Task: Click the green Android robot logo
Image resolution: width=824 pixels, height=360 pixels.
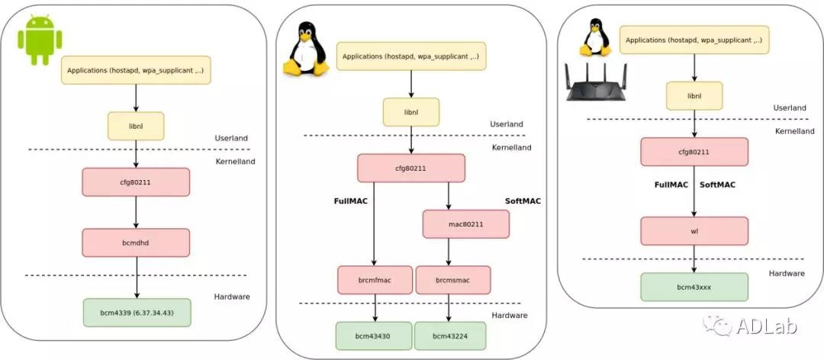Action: click(40, 40)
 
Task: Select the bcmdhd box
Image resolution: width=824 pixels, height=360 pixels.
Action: click(135, 242)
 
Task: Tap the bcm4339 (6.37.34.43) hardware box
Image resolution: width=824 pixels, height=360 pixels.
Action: click(136, 313)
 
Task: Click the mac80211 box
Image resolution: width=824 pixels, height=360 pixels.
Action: click(465, 223)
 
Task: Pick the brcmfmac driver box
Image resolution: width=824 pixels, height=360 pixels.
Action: click(375, 280)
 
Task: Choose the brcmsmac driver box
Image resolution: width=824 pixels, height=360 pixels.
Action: click(452, 280)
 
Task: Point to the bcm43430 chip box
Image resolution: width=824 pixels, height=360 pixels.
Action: click(374, 336)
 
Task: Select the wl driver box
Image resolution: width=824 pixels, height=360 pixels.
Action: click(694, 230)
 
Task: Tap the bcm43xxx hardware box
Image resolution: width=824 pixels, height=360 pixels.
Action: click(694, 286)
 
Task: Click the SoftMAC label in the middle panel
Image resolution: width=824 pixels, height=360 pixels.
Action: click(522, 201)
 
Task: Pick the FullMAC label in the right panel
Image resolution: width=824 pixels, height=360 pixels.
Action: click(671, 185)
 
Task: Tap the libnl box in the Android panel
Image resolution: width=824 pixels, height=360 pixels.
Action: click(136, 126)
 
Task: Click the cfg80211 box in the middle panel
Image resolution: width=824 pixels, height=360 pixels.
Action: click(410, 168)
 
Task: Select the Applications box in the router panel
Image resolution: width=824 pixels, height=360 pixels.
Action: click(694, 40)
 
